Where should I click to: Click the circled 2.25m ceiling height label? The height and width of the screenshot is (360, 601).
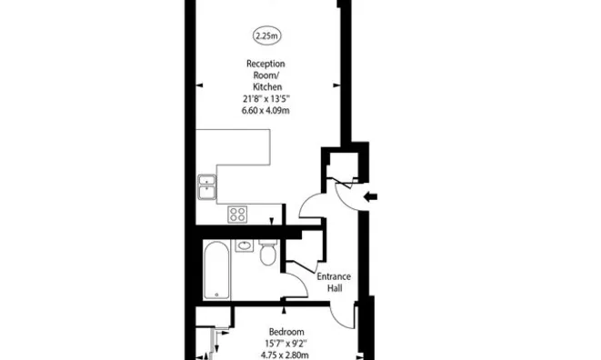click(x=266, y=35)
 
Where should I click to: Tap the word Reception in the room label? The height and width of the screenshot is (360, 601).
click(x=265, y=64)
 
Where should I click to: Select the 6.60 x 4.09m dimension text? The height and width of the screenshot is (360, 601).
click(x=265, y=111)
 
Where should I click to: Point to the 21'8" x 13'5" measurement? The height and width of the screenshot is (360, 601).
click(x=266, y=99)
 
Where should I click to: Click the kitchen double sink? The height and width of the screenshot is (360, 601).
click(x=207, y=187)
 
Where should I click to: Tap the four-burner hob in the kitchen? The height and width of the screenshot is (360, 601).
click(x=237, y=215)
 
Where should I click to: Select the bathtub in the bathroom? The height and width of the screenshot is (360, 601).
click(x=216, y=270)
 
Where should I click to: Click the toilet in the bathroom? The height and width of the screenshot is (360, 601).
click(x=268, y=252)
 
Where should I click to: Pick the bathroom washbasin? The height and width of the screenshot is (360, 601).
click(x=245, y=245)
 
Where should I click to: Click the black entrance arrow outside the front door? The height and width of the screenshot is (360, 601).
click(x=370, y=197)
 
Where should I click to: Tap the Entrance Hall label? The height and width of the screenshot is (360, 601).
click(x=334, y=282)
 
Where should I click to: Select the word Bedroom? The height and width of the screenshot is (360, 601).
click(x=286, y=332)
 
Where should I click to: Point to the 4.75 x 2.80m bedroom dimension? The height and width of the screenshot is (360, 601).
click(x=285, y=355)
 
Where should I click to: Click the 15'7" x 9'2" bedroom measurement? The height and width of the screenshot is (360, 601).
click(x=285, y=344)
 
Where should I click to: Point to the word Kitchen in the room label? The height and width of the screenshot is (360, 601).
click(x=267, y=87)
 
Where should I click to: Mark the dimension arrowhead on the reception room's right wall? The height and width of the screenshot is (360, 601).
click(x=336, y=85)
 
